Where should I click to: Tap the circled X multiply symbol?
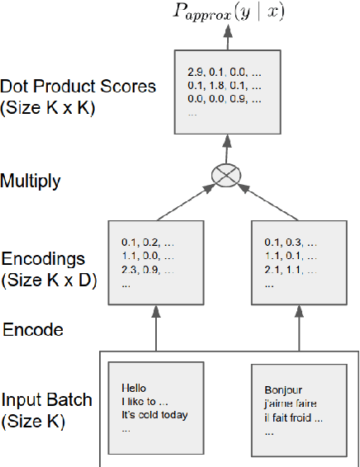click(227, 174)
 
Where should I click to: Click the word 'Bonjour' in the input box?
click(283, 389)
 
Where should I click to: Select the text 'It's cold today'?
click(154, 415)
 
